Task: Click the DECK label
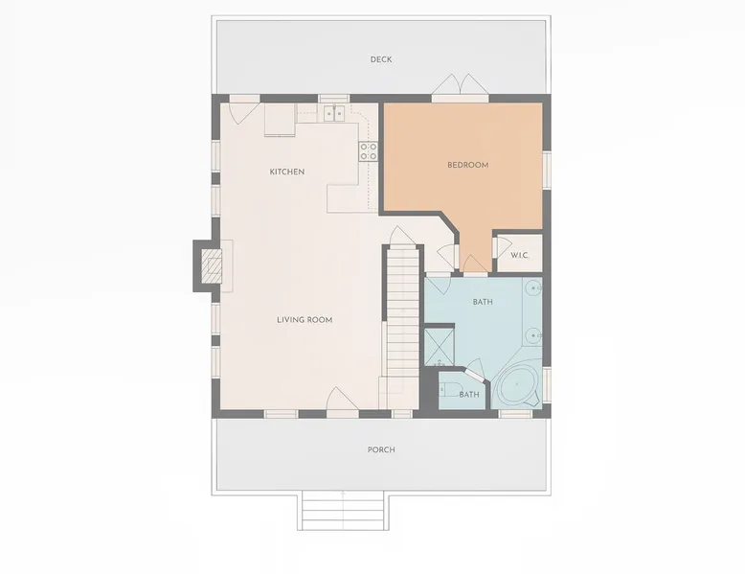coord(381,59)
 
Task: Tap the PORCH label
coord(381,449)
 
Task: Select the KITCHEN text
coord(287,172)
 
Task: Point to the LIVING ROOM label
coord(305,319)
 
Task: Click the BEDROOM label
coord(468,165)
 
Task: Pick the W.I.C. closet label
coord(520,255)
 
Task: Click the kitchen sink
coord(334,114)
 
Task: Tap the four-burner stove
coord(369,151)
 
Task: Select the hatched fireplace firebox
coord(212,265)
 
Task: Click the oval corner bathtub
coord(516,385)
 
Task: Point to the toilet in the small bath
coord(449,389)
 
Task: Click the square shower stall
coord(439,347)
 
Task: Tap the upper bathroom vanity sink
coord(535,288)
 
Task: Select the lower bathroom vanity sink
coord(535,335)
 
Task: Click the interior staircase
coord(402,328)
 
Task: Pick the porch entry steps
coord(343,512)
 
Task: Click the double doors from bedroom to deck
coord(460,85)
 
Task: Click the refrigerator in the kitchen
coord(280,120)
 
